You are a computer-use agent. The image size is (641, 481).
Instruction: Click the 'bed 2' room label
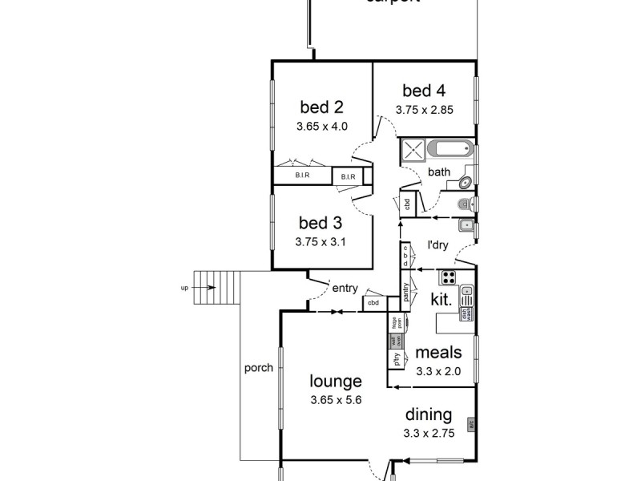click(321, 107)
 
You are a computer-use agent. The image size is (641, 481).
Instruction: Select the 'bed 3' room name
click(321, 222)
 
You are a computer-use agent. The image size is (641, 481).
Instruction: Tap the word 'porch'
click(259, 369)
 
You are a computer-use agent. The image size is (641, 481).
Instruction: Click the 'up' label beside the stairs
click(184, 287)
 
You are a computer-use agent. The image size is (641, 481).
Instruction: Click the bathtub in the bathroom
click(450, 149)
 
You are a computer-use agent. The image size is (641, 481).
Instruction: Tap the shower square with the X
click(412, 149)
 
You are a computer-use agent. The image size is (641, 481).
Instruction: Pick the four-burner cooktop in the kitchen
click(448, 278)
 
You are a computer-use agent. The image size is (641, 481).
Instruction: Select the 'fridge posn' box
click(395, 323)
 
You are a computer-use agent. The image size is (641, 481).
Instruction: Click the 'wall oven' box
click(394, 342)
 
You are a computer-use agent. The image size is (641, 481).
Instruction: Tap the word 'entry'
click(345, 288)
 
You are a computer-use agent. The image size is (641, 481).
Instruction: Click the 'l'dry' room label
click(437, 245)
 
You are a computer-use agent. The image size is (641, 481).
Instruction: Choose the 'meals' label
click(438, 353)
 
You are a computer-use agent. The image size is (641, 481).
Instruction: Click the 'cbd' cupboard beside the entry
click(373, 303)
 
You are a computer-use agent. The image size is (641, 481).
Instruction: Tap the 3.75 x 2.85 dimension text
click(424, 111)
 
